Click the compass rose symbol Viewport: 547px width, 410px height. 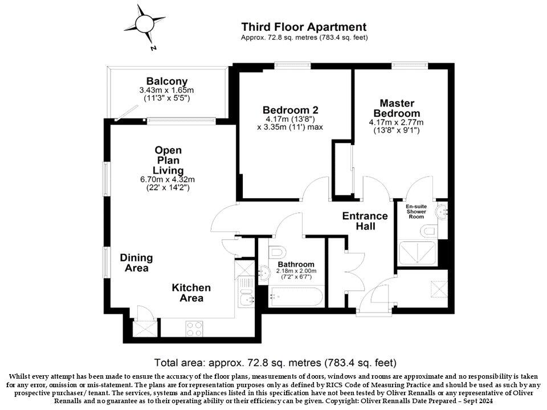click(x=143, y=24)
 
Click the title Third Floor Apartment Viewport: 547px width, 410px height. click(x=304, y=27)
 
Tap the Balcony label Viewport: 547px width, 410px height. click(x=166, y=81)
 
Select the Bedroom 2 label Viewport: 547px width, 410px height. click(x=290, y=110)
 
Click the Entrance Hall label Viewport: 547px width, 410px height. click(x=365, y=221)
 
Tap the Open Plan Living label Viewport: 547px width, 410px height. click(x=168, y=160)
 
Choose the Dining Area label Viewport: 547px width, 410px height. click(x=136, y=263)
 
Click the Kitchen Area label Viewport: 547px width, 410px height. click(x=191, y=293)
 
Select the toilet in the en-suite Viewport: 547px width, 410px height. click(x=431, y=231)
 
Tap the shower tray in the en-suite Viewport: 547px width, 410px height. click(x=418, y=253)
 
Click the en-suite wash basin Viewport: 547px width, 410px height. click(x=442, y=211)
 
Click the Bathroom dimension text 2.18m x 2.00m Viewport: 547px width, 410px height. click(x=296, y=271)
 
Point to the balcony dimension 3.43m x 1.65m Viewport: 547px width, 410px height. click(x=166, y=90)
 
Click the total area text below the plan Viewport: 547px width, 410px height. click(x=275, y=362)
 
